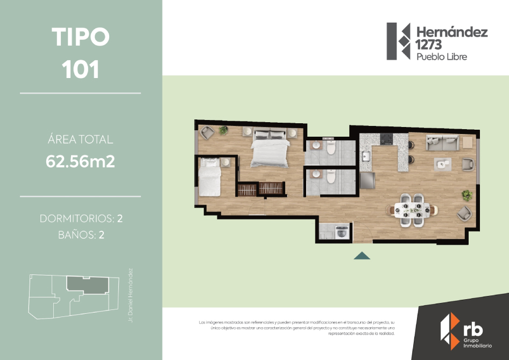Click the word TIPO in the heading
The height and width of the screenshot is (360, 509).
[81, 37]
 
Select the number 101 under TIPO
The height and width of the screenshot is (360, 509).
[81, 69]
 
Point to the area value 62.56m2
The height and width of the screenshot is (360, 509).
[80, 161]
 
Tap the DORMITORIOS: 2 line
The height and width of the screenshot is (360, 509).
[81, 218]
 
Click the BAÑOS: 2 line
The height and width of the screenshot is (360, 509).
[81, 235]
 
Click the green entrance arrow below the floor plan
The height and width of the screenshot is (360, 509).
[362, 256]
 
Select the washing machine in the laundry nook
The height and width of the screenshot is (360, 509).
[342, 232]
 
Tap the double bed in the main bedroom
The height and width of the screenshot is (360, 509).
[270, 149]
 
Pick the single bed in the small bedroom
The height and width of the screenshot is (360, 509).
[210, 177]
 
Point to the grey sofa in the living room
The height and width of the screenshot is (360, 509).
[442, 143]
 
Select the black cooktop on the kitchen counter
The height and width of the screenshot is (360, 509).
[386, 139]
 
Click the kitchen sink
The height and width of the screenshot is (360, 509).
[366, 156]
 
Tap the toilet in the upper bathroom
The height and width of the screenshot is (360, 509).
[331, 147]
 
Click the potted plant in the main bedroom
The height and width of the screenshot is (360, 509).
[223, 130]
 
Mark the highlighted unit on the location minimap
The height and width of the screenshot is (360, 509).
[88, 285]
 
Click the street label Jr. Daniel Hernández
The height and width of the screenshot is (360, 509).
[131, 295]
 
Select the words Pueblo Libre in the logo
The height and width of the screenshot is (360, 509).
[442, 57]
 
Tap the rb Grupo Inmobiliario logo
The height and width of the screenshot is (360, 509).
[466, 331]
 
